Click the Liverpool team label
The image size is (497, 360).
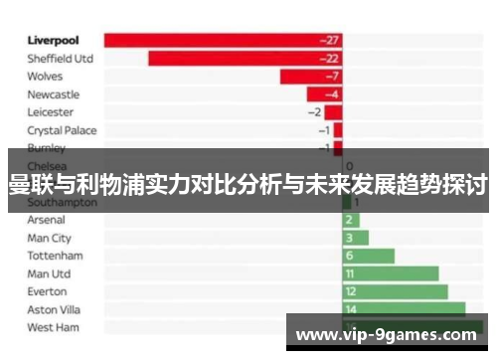coord(54,41)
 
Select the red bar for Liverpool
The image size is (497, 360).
coord(223,41)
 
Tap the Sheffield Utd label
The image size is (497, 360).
coord(61,59)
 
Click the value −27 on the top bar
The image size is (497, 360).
coord(329,41)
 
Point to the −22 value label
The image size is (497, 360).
coord(329,59)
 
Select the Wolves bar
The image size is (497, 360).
coord(311,77)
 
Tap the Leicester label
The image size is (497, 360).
coord(50,112)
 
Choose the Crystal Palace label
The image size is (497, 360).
coord(62,130)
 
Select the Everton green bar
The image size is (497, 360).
coord(395,291)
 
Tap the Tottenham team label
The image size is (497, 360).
coord(55,256)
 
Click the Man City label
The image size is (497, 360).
coord(50,238)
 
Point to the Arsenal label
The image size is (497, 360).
coord(47,220)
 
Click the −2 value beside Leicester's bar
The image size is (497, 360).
coord(315,112)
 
